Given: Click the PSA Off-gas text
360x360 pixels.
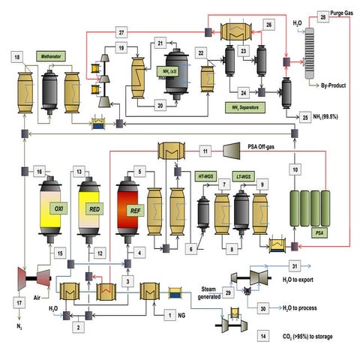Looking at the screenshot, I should [243, 150].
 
